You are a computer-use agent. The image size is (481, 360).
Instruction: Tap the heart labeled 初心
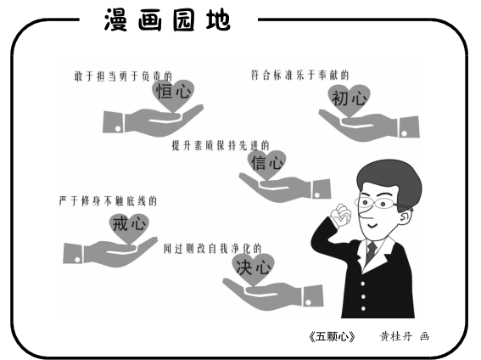pos(350,100)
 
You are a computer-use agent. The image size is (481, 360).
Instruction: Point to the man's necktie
pos(372,250)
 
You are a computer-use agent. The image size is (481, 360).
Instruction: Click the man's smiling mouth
pos(373,226)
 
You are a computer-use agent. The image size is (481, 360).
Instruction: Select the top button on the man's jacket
pos(362,284)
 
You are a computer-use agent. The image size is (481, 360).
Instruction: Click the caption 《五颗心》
pos(332,337)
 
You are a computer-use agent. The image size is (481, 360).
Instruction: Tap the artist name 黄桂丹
pos(396,337)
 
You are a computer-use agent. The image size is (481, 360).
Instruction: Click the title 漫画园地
pos(167,20)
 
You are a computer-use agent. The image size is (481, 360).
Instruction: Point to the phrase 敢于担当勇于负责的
pos(123,76)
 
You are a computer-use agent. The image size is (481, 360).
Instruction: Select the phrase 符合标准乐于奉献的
pos(299,76)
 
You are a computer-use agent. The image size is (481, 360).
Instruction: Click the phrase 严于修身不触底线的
pos(108,201)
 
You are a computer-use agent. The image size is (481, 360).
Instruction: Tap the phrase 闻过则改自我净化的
pos(212,248)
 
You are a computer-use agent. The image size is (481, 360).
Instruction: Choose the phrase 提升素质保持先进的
pos(221,145)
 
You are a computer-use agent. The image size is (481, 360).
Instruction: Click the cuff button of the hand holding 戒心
pos(77,260)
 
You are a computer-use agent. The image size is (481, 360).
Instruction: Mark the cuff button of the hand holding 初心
pos(405,133)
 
